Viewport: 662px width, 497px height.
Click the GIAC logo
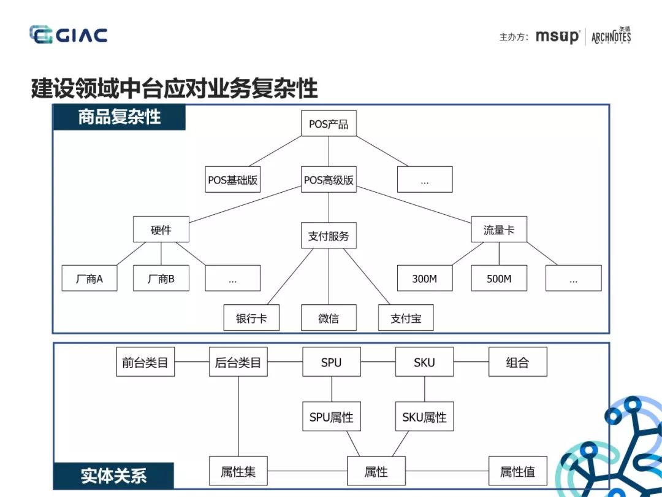[68, 35]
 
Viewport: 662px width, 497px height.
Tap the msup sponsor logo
[557, 37]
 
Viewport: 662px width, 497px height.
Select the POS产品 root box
[329, 124]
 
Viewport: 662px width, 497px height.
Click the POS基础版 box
[232, 180]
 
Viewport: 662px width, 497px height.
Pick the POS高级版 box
[329, 180]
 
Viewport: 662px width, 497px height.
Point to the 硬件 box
[161, 230]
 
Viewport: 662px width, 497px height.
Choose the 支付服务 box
[329, 236]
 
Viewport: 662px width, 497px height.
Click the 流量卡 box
[499, 230]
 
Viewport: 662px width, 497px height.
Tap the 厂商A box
[89, 279]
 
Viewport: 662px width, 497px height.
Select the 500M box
[499, 279]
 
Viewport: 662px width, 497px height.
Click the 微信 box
[329, 318]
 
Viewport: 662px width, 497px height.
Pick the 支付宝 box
[405, 318]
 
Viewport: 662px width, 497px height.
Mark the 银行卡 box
[251, 318]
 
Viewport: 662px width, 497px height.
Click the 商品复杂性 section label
[120, 117]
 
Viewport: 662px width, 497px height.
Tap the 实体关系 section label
[114, 476]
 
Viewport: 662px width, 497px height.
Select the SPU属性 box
[332, 417]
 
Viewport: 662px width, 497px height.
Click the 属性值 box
[517, 471]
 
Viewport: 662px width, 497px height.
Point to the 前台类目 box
[145, 362]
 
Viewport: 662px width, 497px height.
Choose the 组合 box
[517, 362]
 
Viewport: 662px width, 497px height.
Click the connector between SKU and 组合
[471, 362]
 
